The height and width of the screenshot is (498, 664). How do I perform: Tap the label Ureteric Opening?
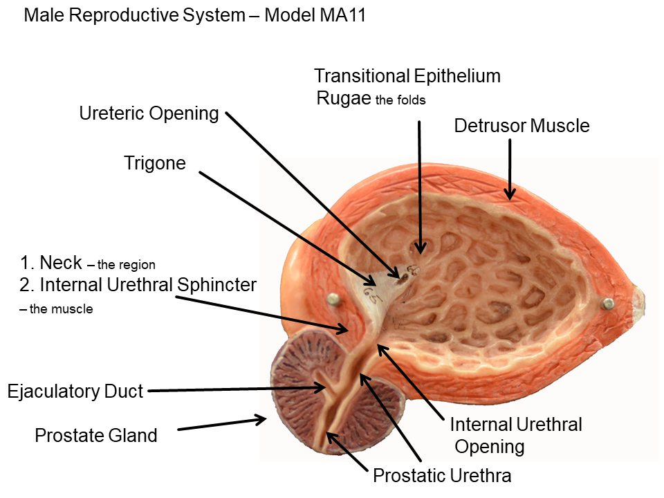(149, 113)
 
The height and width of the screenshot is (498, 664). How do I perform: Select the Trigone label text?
(155, 163)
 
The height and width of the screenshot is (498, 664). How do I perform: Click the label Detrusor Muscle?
(522, 126)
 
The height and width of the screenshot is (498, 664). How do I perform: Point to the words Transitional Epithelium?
(407, 75)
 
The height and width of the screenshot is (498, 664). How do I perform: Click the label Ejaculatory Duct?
(75, 392)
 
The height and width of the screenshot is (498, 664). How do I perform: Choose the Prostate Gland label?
(96, 436)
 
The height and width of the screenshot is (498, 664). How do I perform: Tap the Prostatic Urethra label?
(442, 476)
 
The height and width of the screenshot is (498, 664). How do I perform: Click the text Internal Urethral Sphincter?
(148, 284)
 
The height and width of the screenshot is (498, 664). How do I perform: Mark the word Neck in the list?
(61, 263)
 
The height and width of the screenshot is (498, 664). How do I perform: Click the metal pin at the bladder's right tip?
(608, 303)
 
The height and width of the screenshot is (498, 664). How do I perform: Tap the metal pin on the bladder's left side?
(334, 298)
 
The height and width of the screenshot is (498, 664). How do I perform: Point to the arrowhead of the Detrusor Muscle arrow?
(510, 196)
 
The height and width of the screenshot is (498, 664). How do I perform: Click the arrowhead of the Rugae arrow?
(419, 246)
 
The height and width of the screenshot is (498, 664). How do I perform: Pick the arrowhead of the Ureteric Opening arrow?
(400, 274)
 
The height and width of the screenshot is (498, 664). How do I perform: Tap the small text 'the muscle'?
(60, 309)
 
